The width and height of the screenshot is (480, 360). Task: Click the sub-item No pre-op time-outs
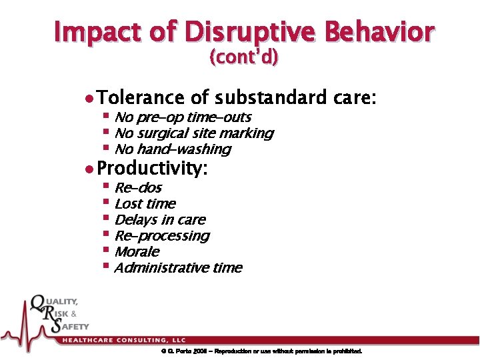(x=182, y=117)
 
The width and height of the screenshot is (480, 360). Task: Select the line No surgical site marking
(x=193, y=133)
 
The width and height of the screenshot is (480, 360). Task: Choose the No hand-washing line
(x=172, y=149)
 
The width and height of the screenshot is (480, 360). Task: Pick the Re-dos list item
(x=138, y=188)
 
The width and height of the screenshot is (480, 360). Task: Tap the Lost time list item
(x=145, y=204)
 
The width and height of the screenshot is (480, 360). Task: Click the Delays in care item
(x=159, y=220)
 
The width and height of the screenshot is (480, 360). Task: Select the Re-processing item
(x=161, y=236)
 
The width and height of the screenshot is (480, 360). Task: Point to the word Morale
(x=137, y=252)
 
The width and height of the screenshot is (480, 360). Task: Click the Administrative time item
(x=178, y=268)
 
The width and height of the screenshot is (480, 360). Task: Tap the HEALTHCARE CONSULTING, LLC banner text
(x=124, y=340)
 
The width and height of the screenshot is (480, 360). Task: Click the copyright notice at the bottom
(x=261, y=351)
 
